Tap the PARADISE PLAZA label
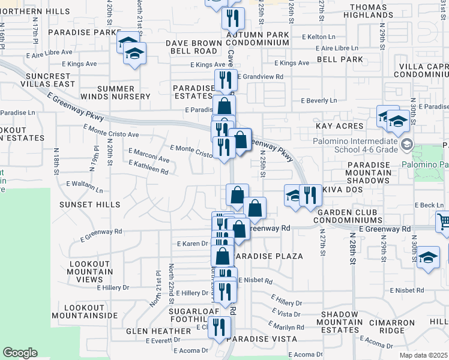pyautogui.click(x=268, y=256)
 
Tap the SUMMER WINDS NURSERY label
pyautogui.click(x=124, y=92)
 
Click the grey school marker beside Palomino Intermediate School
pyautogui.click(x=408, y=143)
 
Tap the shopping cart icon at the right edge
pyautogui.click(x=444, y=221)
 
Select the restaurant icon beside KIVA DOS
pyautogui.click(x=310, y=196)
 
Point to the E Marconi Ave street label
pyautogui.click(x=149, y=155)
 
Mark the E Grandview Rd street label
pyautogui.click(x=261, y=77)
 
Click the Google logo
pyautogui.click(x=20, y=353)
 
